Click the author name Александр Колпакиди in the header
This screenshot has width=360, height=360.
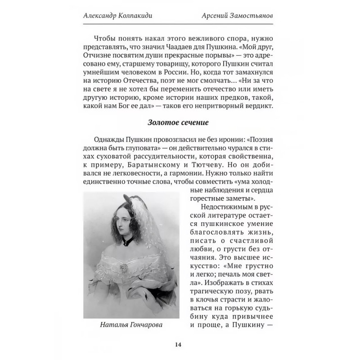[122, 15]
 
